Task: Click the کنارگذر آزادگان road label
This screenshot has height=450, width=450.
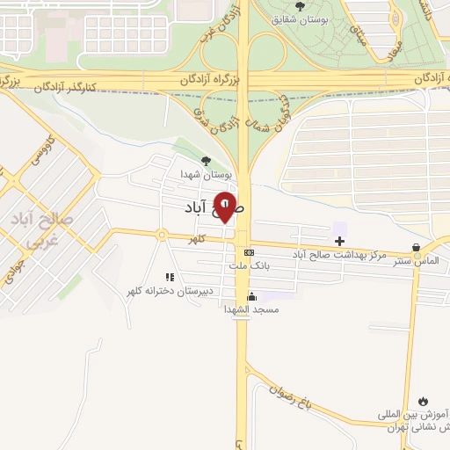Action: click(77, 88)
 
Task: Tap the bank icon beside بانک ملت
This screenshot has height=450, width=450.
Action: click(249, 251)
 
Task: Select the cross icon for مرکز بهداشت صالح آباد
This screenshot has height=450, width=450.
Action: click(339, 241)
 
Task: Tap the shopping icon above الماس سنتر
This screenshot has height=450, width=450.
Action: click(416, 248)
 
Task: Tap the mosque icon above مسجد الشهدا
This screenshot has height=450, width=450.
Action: click(252, 296)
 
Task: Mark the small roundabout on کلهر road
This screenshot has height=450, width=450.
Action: click(162, 235)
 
